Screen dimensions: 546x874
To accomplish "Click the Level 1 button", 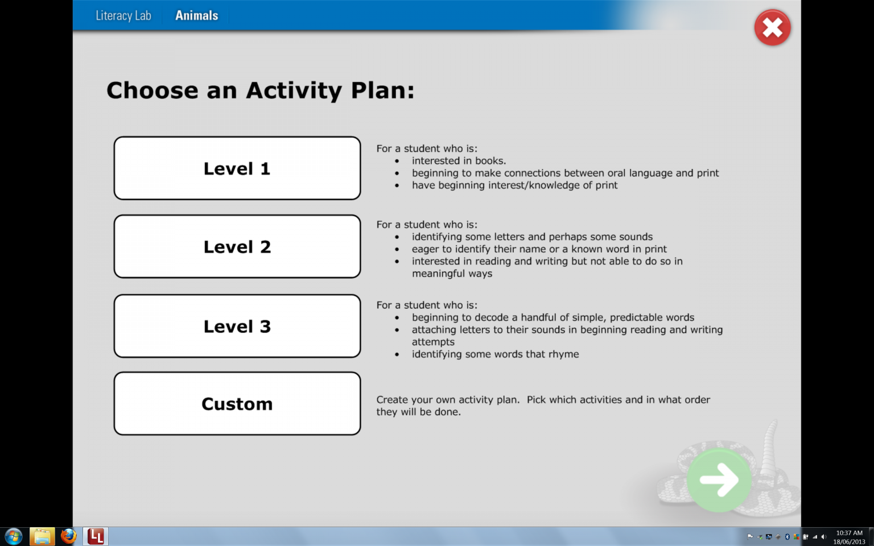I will [237, 168].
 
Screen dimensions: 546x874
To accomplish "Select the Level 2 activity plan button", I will [237, 247].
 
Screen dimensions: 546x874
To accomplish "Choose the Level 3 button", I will [237, 326].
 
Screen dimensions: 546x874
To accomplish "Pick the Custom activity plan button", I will [237, 404].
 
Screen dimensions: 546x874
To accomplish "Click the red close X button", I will [772, 27].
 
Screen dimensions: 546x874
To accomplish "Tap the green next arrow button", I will [719, 480].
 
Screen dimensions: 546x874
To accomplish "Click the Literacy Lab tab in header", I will [123, 15].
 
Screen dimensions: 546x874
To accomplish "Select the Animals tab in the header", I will [196, 15].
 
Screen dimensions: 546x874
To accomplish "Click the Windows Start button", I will [13, 536].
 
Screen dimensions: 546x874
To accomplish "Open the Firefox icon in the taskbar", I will [68, 536].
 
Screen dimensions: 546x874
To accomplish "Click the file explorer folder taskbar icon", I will [42, 536].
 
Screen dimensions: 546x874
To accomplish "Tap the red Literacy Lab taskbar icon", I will [96, 536].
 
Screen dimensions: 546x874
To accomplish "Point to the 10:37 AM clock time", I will [849, 533].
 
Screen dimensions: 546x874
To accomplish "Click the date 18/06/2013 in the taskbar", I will [849, 542].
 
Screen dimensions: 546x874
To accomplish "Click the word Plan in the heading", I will [382, 90].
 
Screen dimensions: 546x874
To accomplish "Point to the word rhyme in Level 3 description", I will [563, 354].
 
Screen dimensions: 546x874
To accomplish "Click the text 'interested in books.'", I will [459, 161].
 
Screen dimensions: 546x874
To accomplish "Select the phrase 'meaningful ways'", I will [452, 274].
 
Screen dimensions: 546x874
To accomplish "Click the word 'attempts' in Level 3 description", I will [433, 342].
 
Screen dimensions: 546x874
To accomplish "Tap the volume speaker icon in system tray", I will [823, 537].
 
